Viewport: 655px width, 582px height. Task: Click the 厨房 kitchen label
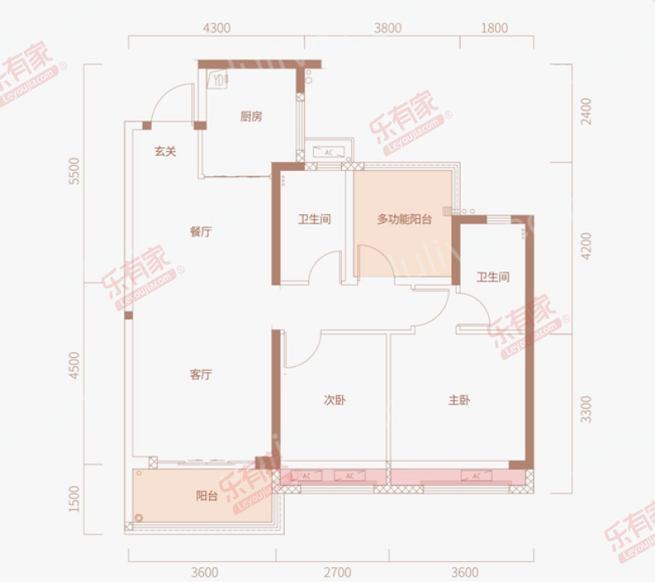251,117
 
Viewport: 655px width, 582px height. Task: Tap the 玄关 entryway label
164,151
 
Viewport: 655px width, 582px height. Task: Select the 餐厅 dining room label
200,232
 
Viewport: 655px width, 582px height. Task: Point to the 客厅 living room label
200,374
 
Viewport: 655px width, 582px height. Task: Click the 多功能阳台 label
404,220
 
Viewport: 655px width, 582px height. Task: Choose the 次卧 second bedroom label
334,400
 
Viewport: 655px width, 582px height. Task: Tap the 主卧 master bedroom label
459,400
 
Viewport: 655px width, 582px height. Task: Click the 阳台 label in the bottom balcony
207,496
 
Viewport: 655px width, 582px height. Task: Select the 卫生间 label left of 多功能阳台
315,220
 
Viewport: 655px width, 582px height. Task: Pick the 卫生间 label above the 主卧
492,276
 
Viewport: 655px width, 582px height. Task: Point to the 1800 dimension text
493,27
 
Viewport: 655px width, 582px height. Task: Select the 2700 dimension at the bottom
337,572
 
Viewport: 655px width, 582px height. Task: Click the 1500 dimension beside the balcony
75,499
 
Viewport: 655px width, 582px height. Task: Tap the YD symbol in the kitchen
218,81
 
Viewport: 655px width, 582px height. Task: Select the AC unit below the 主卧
477,477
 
